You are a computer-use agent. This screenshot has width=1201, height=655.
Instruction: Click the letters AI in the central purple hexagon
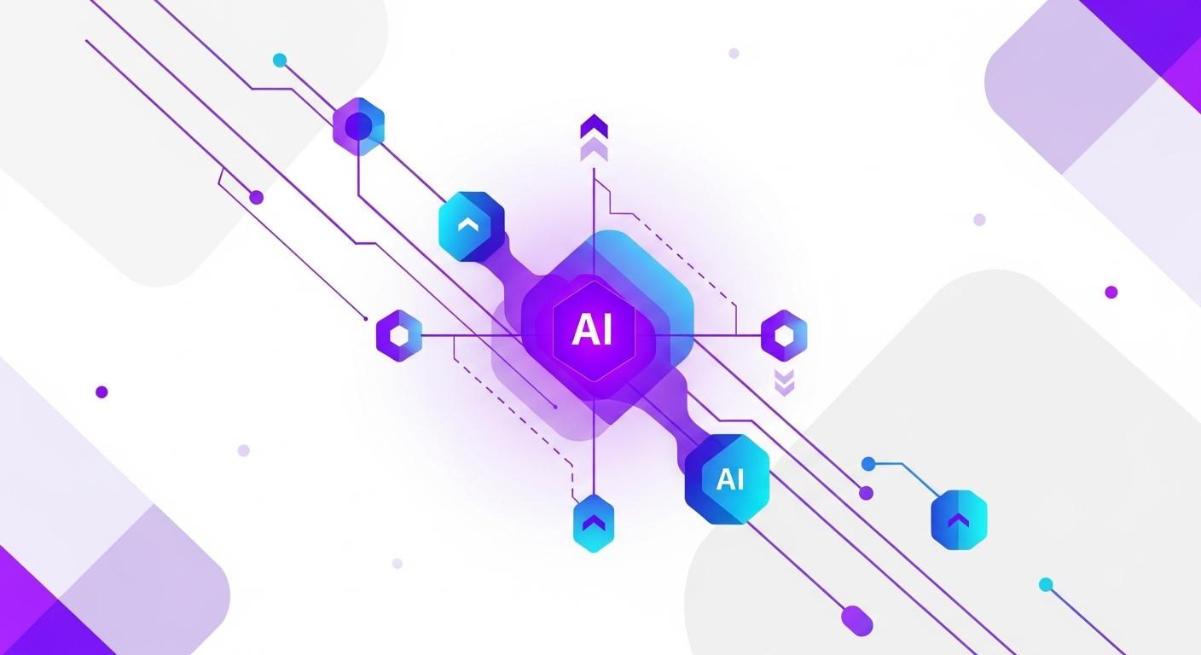coord(593,330)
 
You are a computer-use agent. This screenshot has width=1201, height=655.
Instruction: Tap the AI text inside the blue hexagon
coord(730,479)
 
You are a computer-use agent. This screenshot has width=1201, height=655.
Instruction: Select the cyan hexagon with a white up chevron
coord(472,226)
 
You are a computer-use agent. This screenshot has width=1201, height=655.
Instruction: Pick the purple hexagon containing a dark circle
coord(359,126)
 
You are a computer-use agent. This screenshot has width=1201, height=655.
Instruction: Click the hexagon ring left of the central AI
coord(399,335)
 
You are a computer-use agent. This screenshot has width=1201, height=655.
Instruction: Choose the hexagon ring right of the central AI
coord(784,335)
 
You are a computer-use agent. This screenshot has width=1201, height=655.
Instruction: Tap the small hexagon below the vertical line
coord(594,523)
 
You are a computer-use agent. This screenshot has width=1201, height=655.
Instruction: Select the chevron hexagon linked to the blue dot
coord(959,520)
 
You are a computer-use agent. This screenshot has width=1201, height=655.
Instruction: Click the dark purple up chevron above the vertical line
coord(594,126)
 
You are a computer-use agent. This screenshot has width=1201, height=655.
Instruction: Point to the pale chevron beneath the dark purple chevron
coord(594,149)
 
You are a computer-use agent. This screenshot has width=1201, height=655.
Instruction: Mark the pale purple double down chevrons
coord(785,383)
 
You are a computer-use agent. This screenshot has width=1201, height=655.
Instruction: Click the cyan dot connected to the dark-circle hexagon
coord(280,60)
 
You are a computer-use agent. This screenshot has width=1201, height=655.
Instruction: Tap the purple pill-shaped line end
coord(856,621)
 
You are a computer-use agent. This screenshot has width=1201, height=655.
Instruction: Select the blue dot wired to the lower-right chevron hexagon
coord(868,464)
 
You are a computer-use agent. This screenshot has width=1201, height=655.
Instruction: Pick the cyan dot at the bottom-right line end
coord(1046,585)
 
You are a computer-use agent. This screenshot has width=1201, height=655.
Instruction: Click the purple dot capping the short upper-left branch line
coord(257,198)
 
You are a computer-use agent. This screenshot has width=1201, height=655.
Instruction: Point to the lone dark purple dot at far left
coord(102,391)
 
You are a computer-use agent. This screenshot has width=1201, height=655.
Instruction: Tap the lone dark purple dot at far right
coord(1111,293)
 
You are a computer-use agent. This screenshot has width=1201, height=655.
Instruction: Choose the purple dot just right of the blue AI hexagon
coord(866,493)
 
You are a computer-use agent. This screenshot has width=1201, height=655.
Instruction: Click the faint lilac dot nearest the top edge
coord(734,53)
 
